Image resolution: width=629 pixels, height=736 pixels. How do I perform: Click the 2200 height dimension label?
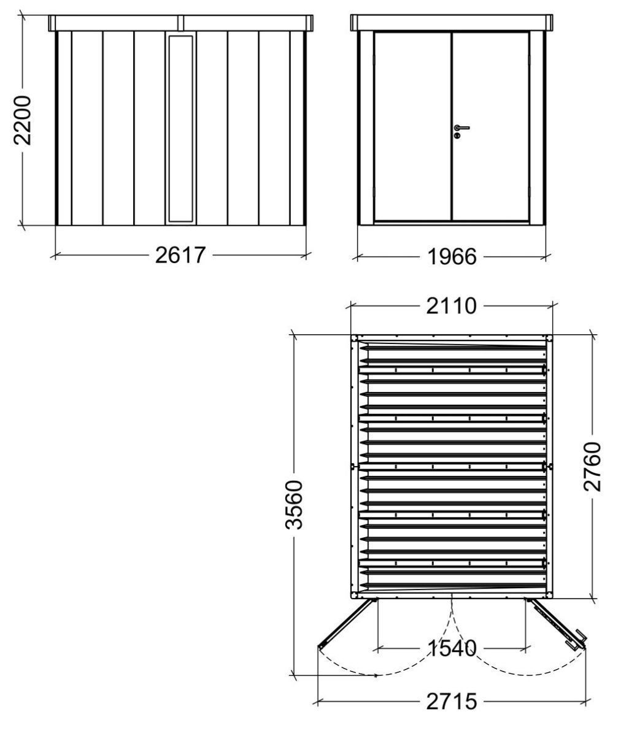click(23, 120)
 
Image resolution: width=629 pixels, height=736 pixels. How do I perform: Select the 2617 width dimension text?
click(180, 255)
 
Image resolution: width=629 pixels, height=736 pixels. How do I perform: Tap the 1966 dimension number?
click(452, 256)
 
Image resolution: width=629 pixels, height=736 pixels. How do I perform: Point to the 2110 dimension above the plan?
click(451, 306)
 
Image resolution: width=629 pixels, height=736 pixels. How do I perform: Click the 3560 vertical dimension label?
click(294, 505)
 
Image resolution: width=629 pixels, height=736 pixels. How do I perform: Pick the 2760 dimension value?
click(593, 467)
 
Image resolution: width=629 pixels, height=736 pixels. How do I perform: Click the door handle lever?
click(461, 128)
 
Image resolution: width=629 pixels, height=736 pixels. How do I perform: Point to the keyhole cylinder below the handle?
click(457, 136)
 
